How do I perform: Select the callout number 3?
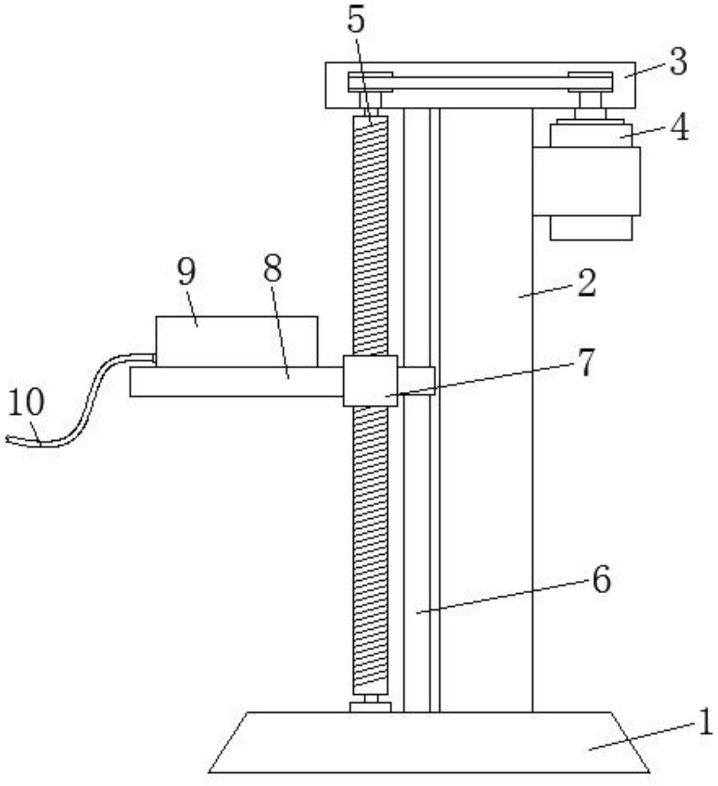[678, 62]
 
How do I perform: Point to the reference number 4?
[679, 128]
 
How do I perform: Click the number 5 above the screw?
[356, 22]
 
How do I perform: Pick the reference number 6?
[601, 579]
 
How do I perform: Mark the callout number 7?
[586, 362]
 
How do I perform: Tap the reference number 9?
[186, 271]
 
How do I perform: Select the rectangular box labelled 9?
[237, 341]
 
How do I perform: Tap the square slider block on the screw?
[370, 381]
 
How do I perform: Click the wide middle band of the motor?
[587, 181]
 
